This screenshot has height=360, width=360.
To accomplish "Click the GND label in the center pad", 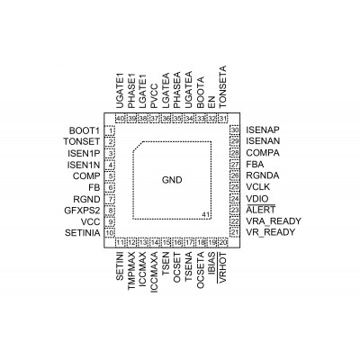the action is click(x=172, y=180).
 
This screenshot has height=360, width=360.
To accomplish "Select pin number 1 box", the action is click(x=110, y=130).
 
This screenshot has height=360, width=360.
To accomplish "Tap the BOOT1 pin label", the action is click(x=85, y=130).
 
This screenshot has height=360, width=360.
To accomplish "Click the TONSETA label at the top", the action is click(x=222, y=87).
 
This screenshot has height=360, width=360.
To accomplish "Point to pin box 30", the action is click(x=235, y=130).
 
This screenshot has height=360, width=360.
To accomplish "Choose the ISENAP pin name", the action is click(x=263, y=130).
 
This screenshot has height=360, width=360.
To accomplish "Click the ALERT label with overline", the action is click(x=260, y=210).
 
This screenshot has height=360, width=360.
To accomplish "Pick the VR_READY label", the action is click(x=271, y=232).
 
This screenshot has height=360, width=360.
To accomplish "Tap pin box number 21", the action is click(x=235, y=232).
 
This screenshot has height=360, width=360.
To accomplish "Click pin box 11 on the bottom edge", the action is click(x=121, y=242).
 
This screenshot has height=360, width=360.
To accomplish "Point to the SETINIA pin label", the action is click(x=83, y=233).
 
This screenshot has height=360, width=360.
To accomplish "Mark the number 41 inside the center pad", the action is click(x=205, y=214).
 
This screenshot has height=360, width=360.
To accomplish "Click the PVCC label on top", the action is click(x=154, y=96).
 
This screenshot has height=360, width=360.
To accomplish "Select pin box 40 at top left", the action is click(x=120, y=119).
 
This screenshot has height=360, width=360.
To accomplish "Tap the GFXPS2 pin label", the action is click(x=82, y=211).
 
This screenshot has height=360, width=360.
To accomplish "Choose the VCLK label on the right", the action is click(x=258, y=187).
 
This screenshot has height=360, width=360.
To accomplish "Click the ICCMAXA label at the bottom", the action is click(x=154, y=272).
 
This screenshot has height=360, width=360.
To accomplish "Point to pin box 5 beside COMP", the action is click(x=110, y=176).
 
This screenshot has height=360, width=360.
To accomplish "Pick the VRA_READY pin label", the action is click(x=274, y=221).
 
